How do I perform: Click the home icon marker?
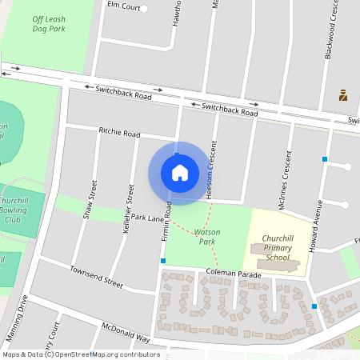coord(180,173)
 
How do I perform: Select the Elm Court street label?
coord(123,8)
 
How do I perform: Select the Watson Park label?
coord(207,236)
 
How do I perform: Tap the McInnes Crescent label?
coord(283,179)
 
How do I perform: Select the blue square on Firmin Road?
coord(163,261)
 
